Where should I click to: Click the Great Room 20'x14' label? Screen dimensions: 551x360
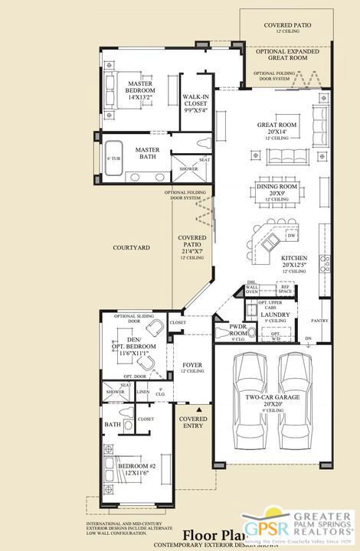coord(273,129)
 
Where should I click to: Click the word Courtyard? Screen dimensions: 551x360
coord(129,248)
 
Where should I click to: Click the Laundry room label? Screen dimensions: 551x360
coord(275,315)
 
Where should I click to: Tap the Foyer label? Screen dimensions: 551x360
coord(191,366)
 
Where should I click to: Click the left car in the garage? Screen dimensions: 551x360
coord(250,381)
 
